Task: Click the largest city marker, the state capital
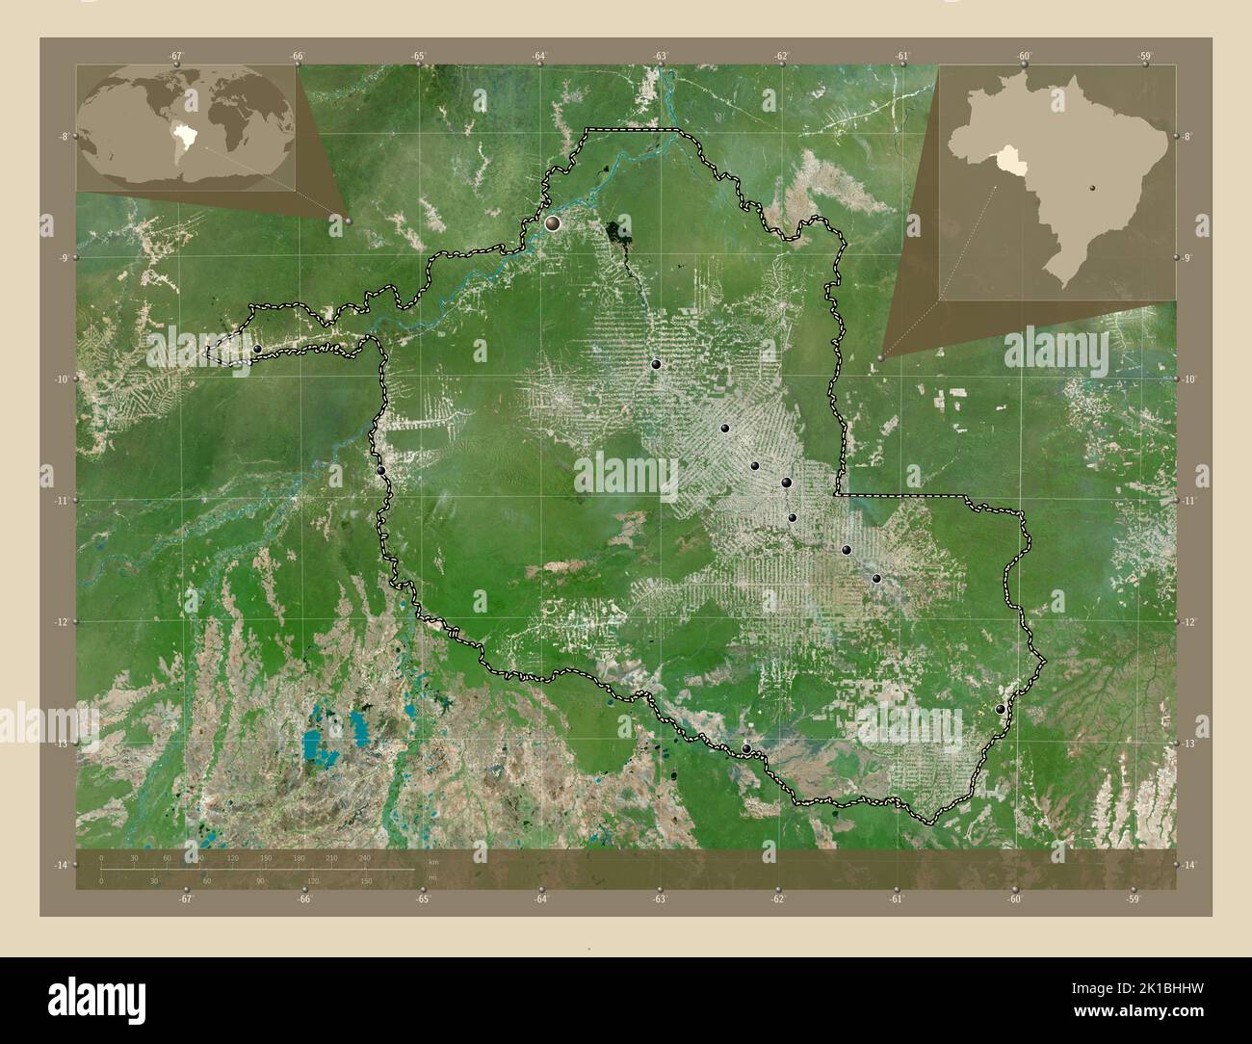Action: [553, 223]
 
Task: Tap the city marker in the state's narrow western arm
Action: [258, 349]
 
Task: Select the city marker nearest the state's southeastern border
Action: [1001, 709]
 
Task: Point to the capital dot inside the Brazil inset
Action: [1092, 187]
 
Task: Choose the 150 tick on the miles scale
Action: [365, 880]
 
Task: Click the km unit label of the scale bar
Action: [433, 862]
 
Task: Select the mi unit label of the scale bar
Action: [432, 877]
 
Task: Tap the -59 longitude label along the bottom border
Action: [1133, 900]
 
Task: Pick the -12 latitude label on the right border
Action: [1189, 622]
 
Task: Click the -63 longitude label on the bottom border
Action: [660, 900]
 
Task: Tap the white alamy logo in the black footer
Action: [95, 997]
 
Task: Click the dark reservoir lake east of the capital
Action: [613, 231]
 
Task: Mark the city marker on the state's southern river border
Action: [746, 748]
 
